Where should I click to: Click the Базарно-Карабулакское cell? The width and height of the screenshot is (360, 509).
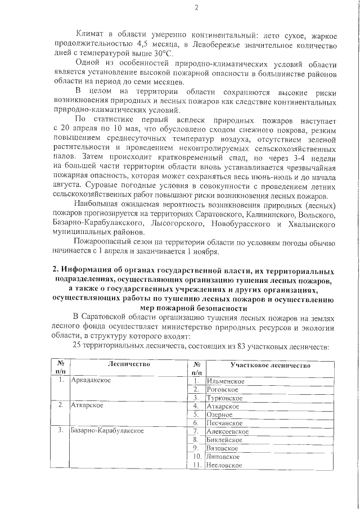pyautogui.click(x=107, y=431)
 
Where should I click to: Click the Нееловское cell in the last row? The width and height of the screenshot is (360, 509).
pyautogui.click(x=226, y=465)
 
